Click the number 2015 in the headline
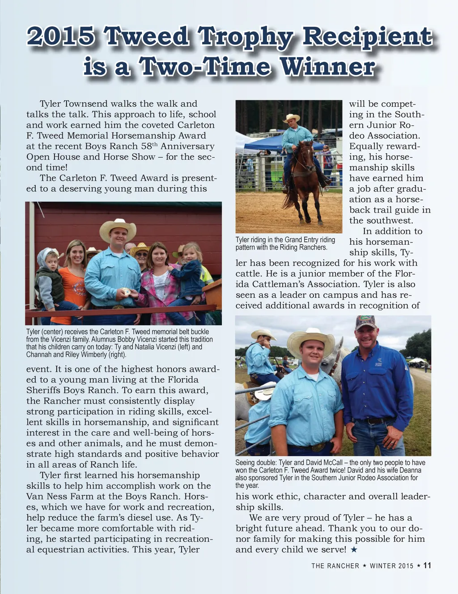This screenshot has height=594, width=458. click(x=61, y=37)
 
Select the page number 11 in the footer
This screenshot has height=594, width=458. click(x=427, y=565)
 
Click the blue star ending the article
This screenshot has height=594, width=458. click(x=354, y=550)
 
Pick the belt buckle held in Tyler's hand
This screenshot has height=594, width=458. click(x=126, y=292)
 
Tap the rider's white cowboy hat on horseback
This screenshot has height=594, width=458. click(x=291, y=118)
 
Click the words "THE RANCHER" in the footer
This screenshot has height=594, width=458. click(x=335, y=566)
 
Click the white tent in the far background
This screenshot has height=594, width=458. click(x=416, y=360)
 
